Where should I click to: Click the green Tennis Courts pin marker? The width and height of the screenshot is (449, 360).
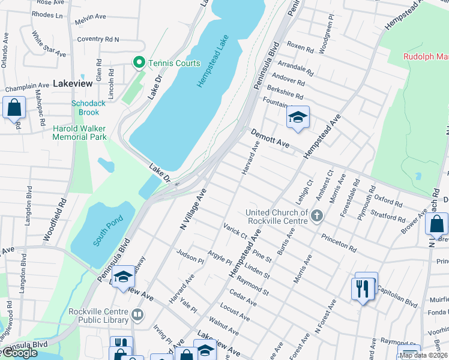pyautogui.click(x=138, y=62)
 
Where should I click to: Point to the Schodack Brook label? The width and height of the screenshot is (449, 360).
pyautogui.click(x=88, y=107)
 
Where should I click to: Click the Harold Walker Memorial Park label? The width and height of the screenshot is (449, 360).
pyautogui.click(x=79, y=133)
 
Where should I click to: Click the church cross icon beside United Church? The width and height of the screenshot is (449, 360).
pyautogui.click(x=317, y=215)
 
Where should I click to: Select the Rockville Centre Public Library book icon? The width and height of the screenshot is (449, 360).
pyautogui.click(x=137, y=314)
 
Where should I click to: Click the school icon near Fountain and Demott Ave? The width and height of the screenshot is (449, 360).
pyautogui.click(x=297, y=117)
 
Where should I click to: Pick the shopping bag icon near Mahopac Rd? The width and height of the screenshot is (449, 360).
pyautogui.click(x=14, y=108)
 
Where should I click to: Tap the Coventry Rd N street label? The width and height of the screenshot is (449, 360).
pyautogui.click(x=97, y=40)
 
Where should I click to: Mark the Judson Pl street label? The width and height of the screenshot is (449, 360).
pyautogui.click(x=190, y=256)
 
